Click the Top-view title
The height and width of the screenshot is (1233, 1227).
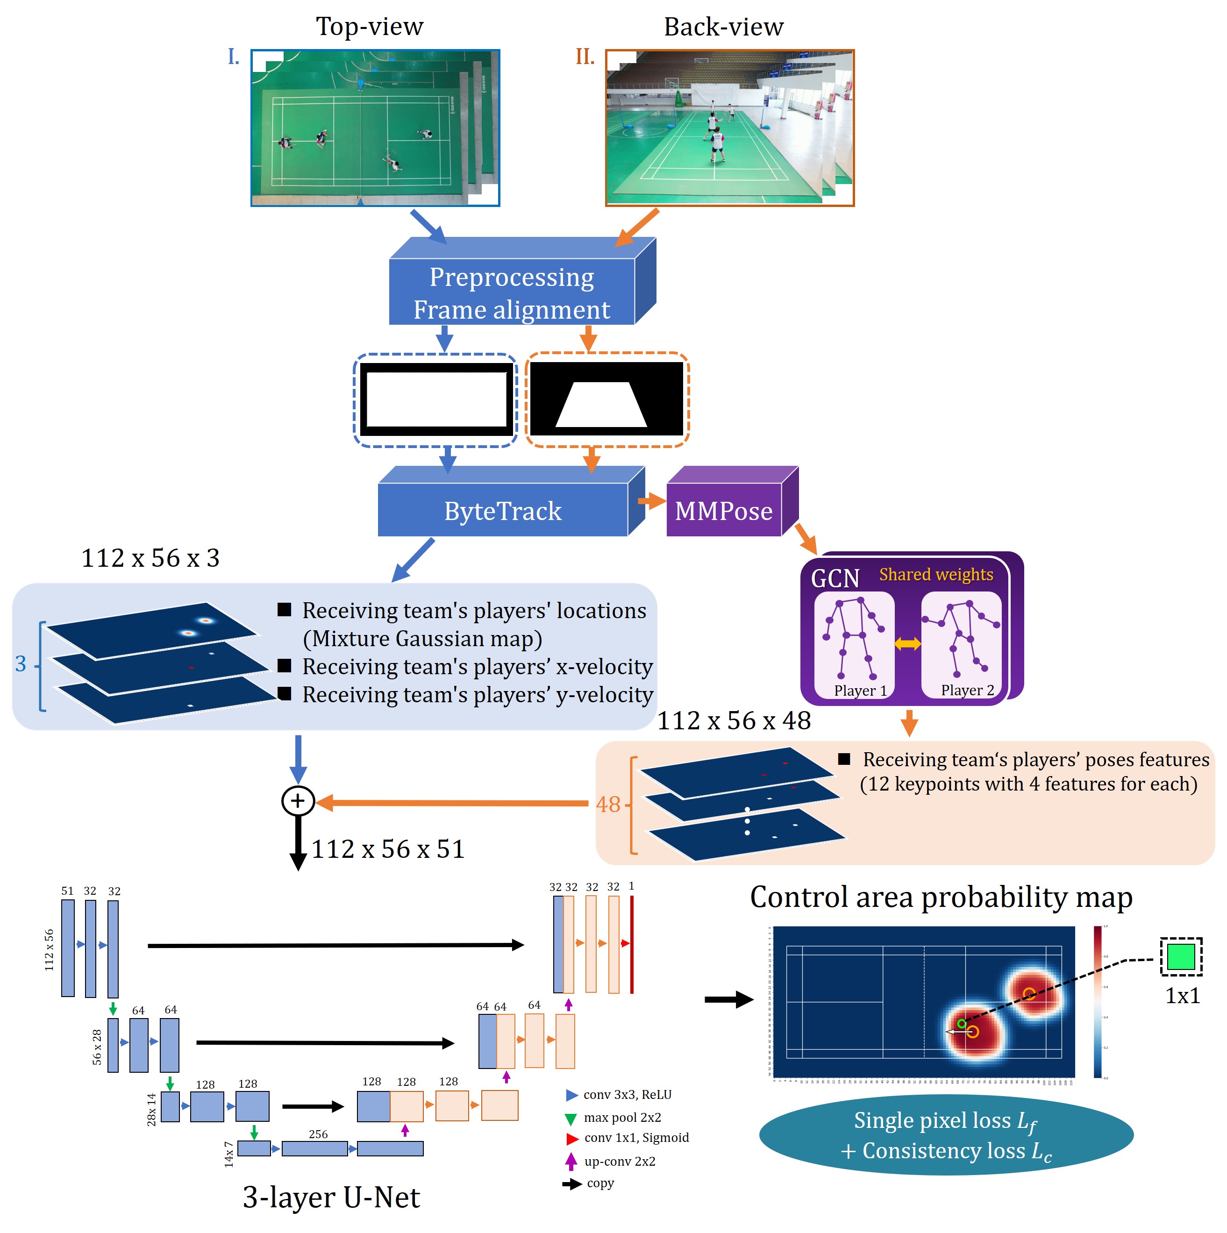tap(369, 27)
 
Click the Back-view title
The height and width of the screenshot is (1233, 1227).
tap(723, 27)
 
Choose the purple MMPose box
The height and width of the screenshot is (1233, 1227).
tap(723, 511)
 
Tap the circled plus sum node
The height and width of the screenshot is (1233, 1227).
tap(298, 801)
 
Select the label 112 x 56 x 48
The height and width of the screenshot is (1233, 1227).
tap(734, 720)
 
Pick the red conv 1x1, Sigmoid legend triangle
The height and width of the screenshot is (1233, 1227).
tap(572, 1138)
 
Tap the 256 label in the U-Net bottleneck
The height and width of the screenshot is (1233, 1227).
tap(318, 1134)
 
